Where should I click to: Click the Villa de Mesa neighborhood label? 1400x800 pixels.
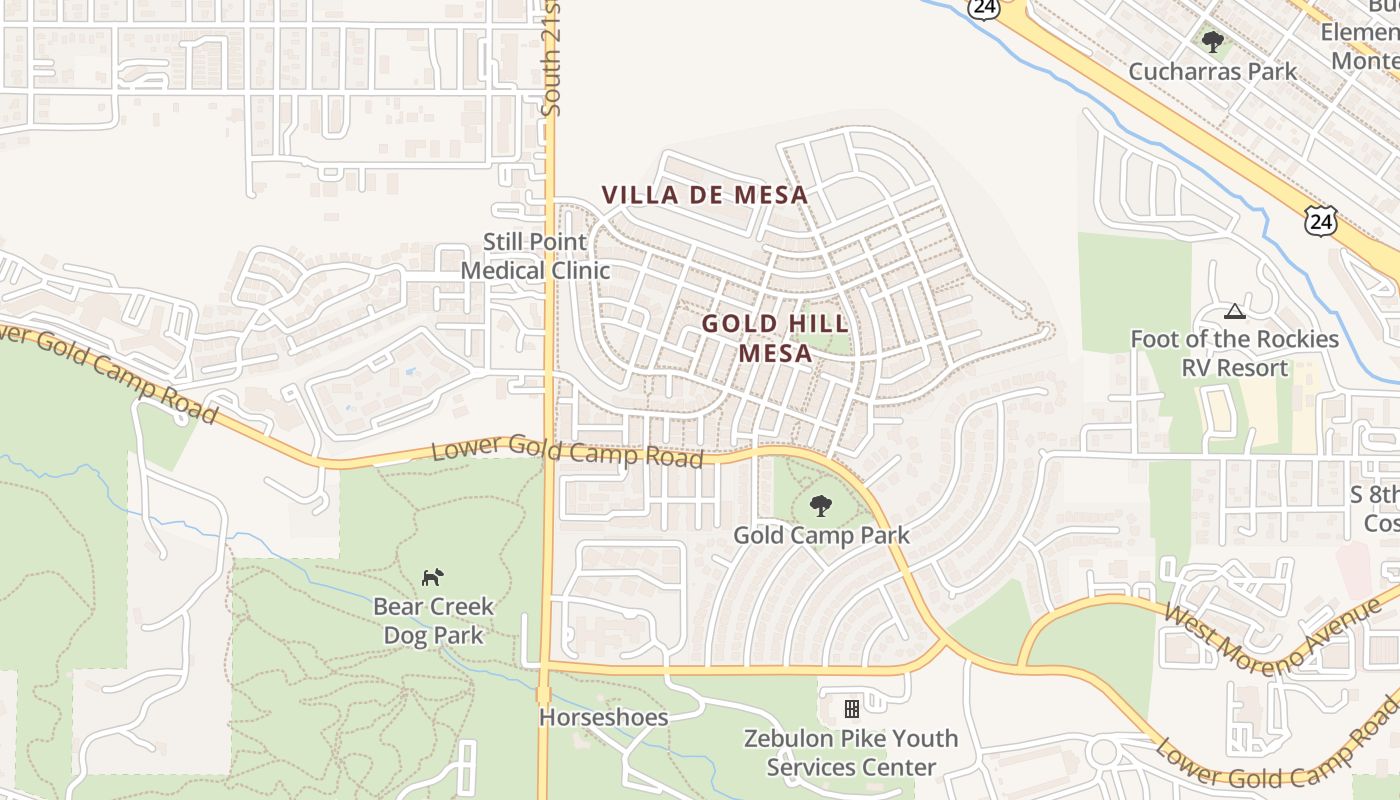click(704, 194)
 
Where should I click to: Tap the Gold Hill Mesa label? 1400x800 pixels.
click(775, 338)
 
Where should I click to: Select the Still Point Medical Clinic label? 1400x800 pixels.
click(535, 256)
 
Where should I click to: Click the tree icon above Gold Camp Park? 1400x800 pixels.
click(821, 506)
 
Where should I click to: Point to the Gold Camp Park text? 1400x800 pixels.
click(821, 535)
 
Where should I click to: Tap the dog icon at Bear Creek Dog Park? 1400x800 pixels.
click(432, 577)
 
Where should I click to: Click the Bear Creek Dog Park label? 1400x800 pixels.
click(433, 620)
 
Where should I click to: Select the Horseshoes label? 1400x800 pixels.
click(603, 717)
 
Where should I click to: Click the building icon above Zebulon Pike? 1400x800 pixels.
click(852, 709)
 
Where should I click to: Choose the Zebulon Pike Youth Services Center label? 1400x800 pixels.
click(850, 753)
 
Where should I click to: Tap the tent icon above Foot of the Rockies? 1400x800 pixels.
click(1235, 312)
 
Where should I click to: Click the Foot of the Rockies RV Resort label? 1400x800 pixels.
click(1234, 353)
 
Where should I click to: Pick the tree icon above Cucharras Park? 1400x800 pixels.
click(1213, 42)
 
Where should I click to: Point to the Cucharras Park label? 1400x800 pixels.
click(1212, 72)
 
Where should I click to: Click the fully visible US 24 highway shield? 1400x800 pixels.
click(1320, 220)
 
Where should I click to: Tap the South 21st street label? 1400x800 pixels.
click(551, 60)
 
